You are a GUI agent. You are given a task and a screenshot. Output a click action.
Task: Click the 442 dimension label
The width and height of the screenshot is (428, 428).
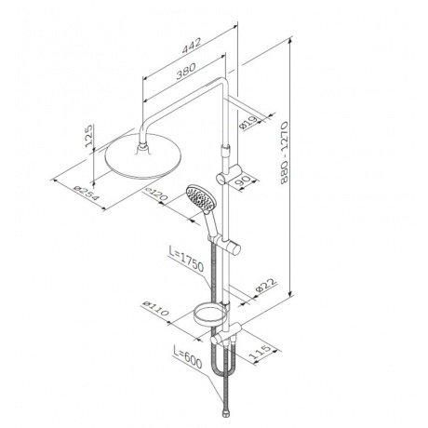point(192,47)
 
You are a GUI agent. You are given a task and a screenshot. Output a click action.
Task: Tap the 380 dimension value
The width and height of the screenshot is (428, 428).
point(186,72)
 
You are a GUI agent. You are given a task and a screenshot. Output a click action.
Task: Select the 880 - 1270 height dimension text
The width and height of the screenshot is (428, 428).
point(284,153)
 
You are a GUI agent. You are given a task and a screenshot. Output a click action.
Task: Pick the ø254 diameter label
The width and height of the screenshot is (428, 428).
point(87,194)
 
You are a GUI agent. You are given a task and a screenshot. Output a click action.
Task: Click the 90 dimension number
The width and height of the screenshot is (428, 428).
point(243,181)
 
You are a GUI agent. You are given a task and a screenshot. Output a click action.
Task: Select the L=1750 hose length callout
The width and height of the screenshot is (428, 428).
point(186,258)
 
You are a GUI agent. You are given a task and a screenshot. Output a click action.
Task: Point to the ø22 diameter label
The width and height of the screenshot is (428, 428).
point(265,286)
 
